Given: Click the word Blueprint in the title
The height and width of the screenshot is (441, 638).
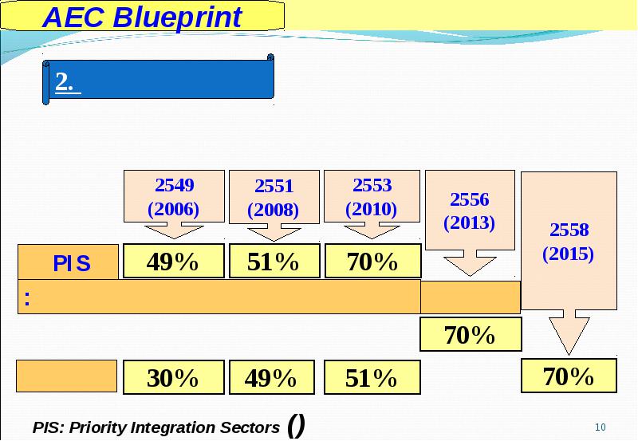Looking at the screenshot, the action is (x=177, y=18).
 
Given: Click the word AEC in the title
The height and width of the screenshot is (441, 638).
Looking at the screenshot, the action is (x=73, y=17).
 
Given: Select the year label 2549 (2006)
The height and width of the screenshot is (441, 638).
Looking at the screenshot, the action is (x=174, y=197).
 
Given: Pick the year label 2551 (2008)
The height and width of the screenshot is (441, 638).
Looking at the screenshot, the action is (x=274, y=198).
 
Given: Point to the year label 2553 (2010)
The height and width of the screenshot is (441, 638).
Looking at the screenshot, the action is (x=372, y=197).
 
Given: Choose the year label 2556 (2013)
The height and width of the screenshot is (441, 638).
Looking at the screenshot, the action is (x=470, y=211).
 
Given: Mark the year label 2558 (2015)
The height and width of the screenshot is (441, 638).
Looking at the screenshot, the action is (x=569, y=242).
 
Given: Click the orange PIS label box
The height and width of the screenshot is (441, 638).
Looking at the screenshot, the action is (x=68, y=262).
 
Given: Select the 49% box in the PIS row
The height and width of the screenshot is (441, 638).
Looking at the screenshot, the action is (x=174, y=262).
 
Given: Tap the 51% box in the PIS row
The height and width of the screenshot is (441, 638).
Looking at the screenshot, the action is (x=274, y=262).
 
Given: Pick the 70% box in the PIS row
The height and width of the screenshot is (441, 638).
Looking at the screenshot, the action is (x=372, y=262).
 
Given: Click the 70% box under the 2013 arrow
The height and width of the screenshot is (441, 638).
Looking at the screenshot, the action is (x=471, y=334).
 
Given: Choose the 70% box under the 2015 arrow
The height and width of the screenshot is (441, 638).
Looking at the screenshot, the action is (x=569, y=376).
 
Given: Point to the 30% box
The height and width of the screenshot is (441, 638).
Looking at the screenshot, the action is (x=174, y=377).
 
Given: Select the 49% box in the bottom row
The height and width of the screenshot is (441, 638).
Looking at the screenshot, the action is (x=272, y=377).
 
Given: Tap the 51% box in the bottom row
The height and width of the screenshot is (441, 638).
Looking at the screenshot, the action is (x=372, y=377).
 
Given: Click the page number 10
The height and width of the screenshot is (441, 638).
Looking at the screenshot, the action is (x=601, y=427).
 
